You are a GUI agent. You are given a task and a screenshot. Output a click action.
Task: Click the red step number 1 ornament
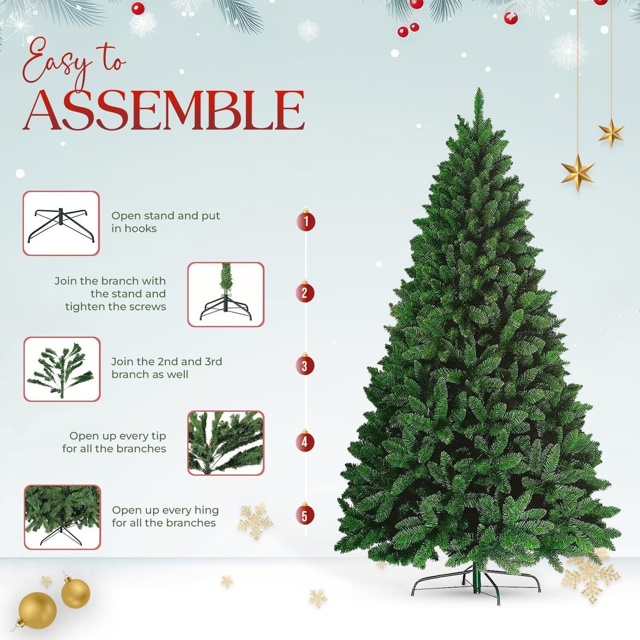(306, 221)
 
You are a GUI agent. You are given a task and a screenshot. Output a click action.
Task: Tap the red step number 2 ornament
(305, 293)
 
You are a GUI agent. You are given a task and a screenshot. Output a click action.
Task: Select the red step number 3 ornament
(305, 366)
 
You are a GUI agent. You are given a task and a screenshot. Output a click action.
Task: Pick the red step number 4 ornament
(305, 442)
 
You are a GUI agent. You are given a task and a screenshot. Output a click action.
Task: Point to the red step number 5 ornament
(305, 515)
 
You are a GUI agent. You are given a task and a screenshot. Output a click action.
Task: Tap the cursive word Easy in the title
(55, 62)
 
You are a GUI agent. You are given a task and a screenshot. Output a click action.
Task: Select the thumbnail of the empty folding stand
(61, 223)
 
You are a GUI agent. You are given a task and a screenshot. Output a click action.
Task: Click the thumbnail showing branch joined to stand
(226, 295)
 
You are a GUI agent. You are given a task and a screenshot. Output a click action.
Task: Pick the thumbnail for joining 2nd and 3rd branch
(62, 369)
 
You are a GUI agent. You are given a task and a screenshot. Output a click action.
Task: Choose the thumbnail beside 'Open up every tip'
(226, 443)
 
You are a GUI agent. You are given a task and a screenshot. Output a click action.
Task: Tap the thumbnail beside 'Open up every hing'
(62, 517)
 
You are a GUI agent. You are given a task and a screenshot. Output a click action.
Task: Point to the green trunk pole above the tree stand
(477, 578)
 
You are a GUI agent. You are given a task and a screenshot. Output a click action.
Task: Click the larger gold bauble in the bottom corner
(38, 610)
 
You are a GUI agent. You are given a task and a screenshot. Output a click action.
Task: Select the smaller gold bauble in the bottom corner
(76, 593)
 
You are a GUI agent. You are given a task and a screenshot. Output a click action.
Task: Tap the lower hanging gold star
(578, 172)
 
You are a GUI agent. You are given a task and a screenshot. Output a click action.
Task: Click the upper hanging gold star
(611, 132)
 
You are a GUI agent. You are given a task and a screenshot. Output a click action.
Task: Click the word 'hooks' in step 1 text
(140, 229)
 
